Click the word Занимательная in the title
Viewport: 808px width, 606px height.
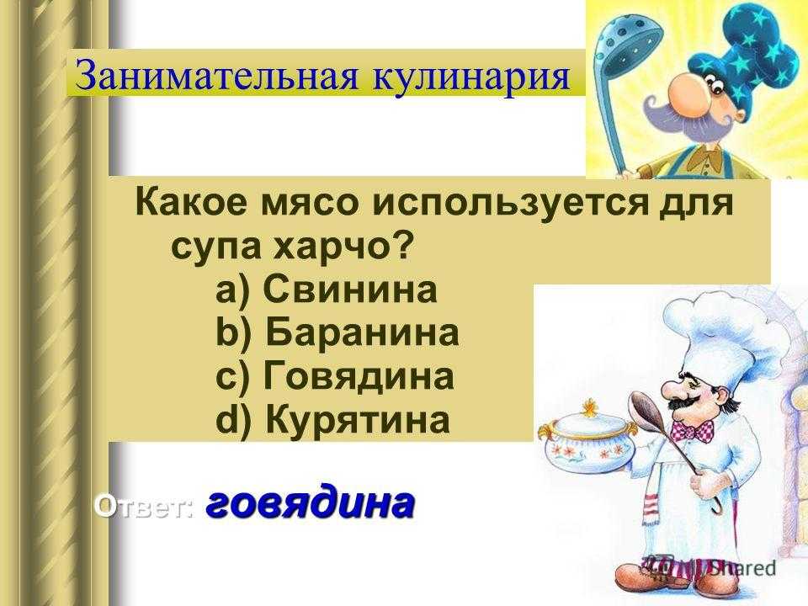(x=217, y=75)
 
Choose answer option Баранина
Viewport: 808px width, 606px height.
(x=362, y=332)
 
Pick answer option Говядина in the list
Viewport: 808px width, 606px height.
(x=359, y=375)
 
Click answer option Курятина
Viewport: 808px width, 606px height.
(x=358, y=419)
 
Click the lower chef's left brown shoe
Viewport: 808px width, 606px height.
(x=636, y=579)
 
